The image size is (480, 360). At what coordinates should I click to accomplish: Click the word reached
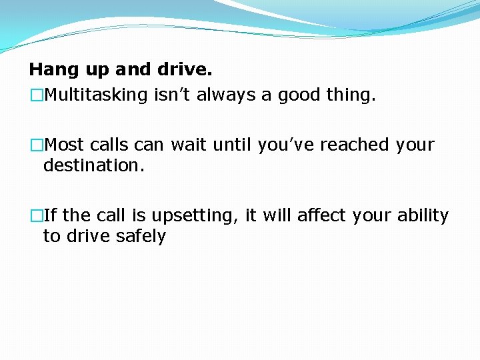pyautogui.click(x=355, y=145)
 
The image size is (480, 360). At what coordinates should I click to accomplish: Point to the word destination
pyautogui.click(x=93, y=165)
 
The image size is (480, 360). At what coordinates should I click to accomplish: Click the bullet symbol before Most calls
pyautogui.click(x=36, y=145)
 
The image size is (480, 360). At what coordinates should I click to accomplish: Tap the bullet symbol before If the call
pyautogui.click(x=36, y=216)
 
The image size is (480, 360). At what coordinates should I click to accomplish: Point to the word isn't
pyautogui.click(x=171, y=95)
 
